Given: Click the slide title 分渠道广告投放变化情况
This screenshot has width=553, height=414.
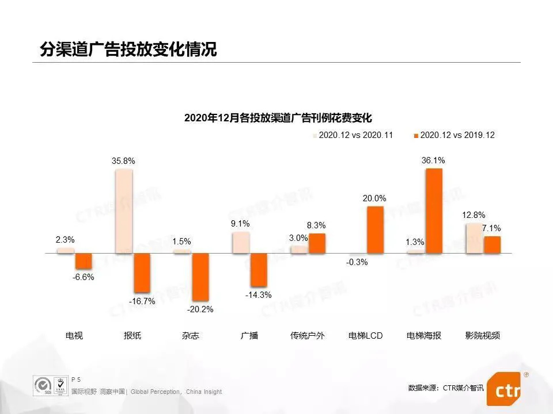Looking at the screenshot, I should click(128, 49).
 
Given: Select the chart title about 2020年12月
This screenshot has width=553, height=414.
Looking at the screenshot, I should click(278, 118).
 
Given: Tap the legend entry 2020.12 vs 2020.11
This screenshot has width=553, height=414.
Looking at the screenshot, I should click(353, 135).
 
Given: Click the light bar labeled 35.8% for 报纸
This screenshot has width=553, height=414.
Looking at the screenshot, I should click(123, 211).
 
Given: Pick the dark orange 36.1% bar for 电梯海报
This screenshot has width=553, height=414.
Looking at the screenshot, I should click(434, 211).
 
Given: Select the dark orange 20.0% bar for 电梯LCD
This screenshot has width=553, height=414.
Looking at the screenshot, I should click(375, 229).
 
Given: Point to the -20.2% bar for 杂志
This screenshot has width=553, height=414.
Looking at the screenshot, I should click(200, 277).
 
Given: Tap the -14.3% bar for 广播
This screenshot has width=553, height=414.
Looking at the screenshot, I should click(259, 270).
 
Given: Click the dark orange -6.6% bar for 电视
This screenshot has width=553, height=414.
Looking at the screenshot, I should click(84, 261).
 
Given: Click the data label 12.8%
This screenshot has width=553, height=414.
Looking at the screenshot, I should click(473, 215).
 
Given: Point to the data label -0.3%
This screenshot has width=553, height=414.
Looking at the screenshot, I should click(357, 263).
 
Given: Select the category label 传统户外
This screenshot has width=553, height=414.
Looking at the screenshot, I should click(308, 335).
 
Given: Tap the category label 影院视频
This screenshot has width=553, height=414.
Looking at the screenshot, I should click(483, 335).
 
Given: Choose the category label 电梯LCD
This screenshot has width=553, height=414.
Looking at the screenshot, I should click(366, 335).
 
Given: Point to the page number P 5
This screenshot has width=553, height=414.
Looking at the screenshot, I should click(76, 379).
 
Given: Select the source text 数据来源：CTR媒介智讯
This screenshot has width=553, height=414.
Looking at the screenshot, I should click(446, 388).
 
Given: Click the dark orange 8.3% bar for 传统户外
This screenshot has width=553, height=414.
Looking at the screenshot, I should click(317, 243).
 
